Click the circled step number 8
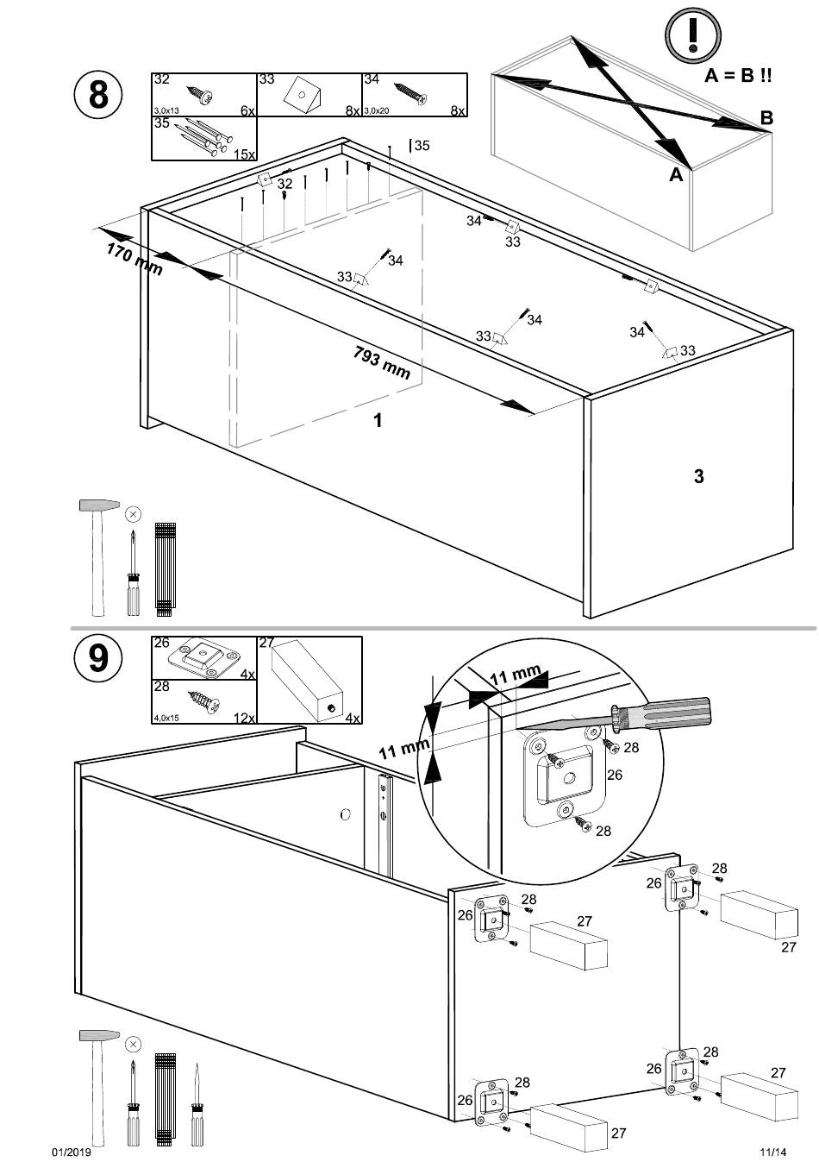(98, 94)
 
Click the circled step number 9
(98, 658)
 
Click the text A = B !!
(738, 76)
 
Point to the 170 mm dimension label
(134, 258)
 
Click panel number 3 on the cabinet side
(698, 475)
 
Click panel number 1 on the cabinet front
(377, 420)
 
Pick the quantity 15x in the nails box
(245, 154)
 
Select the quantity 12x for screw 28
(244, 718)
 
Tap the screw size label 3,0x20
(376, 111)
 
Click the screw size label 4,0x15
(166, 718)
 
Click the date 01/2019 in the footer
(72, 1152)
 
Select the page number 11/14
(773, 1152)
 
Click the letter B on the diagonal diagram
(766, 118)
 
